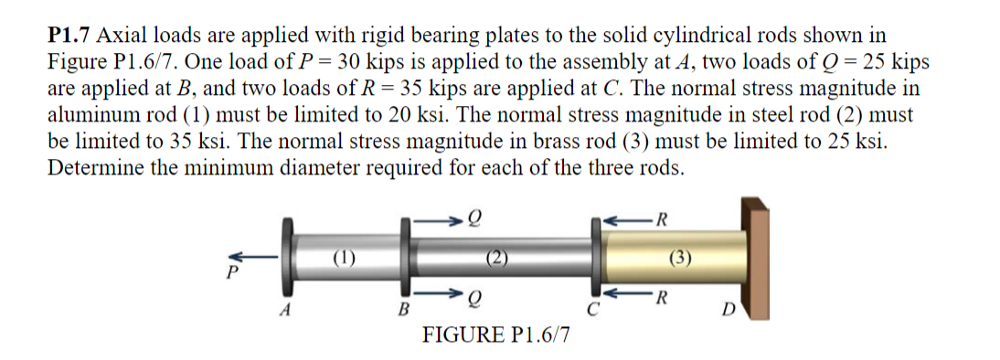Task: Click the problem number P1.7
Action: point(69,36)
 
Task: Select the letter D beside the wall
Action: point(728,316)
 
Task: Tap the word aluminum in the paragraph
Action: point(90,115)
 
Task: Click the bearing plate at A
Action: point(290,255)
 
